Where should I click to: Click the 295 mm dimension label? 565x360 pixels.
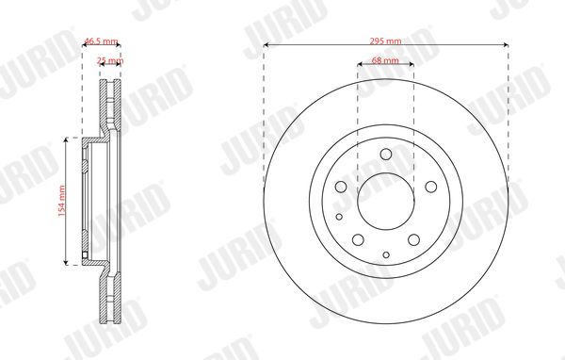pos(385,41)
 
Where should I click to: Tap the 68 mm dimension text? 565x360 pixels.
pos(385,60)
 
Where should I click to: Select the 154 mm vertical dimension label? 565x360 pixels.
pos(61,201)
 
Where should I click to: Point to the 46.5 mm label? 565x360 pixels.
pos(101,41)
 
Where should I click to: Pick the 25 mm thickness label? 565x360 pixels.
pos(110,60)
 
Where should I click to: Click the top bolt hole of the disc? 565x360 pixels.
pos(386,154)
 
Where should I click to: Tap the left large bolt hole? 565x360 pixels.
pos(341,187)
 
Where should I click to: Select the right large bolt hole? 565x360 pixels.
pos(431,187)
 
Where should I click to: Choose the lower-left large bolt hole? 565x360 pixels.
pos(358,239)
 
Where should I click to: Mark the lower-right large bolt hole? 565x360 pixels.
pos(413,239)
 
